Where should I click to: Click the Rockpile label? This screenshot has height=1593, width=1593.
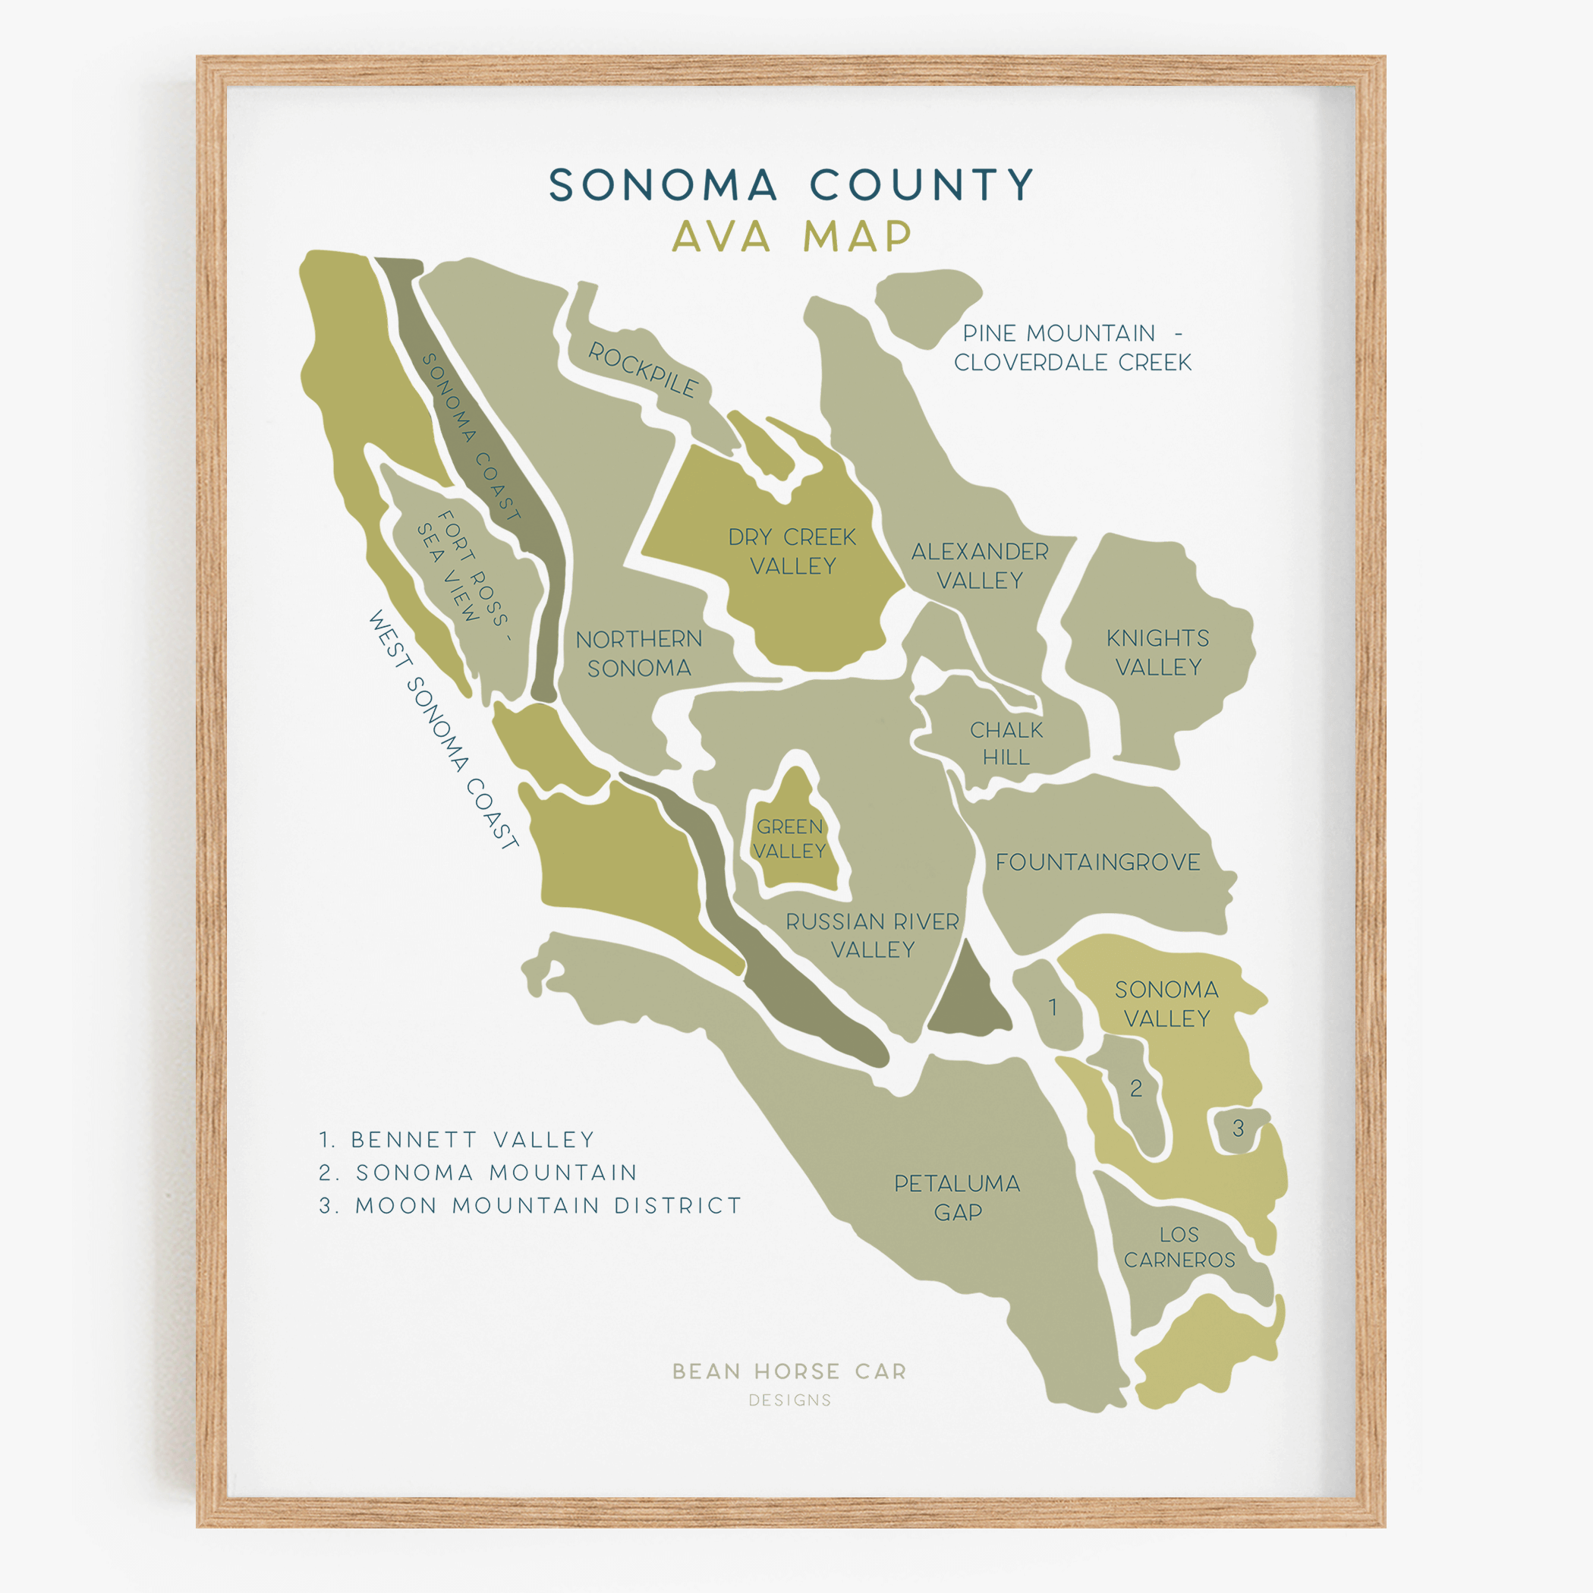(642, 370)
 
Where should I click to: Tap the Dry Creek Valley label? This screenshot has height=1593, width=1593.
(792, 551)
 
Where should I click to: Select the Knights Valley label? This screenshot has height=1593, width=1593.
(1157, 652)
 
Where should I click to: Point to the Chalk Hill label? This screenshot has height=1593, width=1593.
(1006, 743)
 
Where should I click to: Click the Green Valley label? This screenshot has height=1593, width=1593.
(789, 839)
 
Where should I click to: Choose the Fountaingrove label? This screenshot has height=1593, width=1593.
(1097, 862)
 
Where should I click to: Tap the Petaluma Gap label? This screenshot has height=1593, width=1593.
(957, 1198)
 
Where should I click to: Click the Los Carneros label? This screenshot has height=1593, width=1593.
(1179, 1247)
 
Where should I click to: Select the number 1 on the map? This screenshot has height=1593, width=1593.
(1052, 1007)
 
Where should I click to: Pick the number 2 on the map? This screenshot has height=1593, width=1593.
(1135, 1088)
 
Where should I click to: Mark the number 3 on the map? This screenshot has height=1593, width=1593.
(1238, 1128)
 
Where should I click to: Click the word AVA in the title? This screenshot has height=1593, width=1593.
(722, 237)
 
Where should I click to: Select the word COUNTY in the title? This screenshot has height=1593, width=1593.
(921, 184)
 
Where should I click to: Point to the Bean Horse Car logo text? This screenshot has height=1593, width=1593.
(789, 1371)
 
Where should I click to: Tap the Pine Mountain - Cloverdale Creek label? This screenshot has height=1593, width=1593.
(1072, 347)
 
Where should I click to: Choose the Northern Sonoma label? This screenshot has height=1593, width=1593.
(639, 653)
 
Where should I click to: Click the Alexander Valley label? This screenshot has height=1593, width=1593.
(980, 565)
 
